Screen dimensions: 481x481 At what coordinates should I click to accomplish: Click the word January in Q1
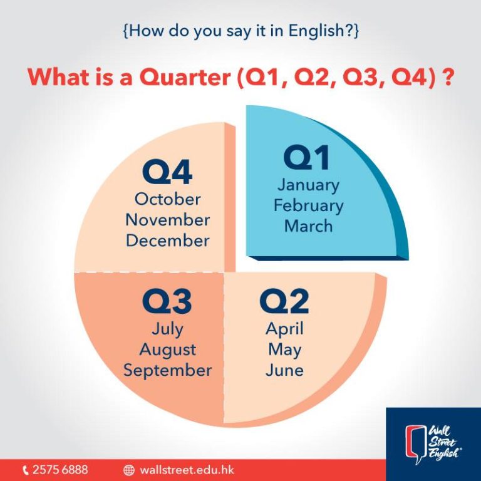308,185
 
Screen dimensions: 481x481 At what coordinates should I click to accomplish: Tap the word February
309,206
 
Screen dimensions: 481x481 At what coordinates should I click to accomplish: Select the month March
309,226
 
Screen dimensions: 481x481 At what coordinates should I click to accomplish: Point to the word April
285,329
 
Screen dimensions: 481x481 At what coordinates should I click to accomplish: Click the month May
285,350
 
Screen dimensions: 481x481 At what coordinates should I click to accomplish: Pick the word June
285,370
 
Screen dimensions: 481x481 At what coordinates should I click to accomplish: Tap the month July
167,329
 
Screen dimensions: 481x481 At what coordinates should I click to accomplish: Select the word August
167,350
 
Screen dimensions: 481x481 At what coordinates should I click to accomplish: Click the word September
167,371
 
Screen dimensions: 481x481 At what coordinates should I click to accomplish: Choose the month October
167,199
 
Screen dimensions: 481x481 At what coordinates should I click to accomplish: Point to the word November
167,220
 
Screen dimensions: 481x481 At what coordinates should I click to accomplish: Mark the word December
167,240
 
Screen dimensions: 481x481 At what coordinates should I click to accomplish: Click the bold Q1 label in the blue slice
307,157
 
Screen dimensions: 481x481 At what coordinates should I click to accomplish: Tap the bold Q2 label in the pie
284,301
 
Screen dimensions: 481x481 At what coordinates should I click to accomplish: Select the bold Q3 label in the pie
167,301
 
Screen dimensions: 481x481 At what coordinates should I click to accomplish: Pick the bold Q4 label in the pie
167,172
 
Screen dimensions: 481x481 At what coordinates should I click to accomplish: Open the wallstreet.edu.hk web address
187,470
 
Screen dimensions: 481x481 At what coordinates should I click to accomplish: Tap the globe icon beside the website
129,470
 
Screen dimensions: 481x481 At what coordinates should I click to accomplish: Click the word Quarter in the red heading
185,76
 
